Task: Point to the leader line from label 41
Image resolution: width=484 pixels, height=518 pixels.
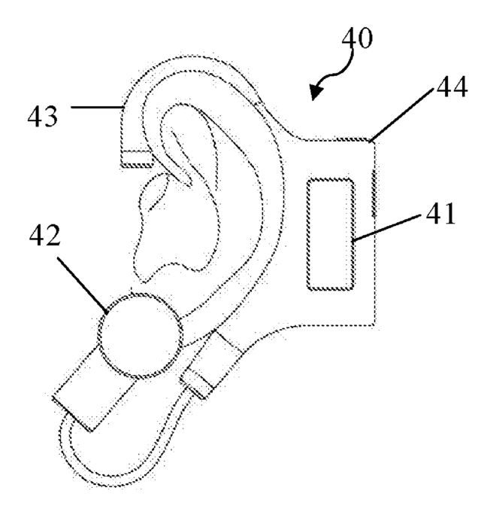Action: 389,226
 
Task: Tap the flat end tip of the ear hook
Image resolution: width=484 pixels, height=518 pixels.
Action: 136,157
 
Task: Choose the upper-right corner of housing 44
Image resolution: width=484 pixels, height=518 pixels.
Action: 373,139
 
